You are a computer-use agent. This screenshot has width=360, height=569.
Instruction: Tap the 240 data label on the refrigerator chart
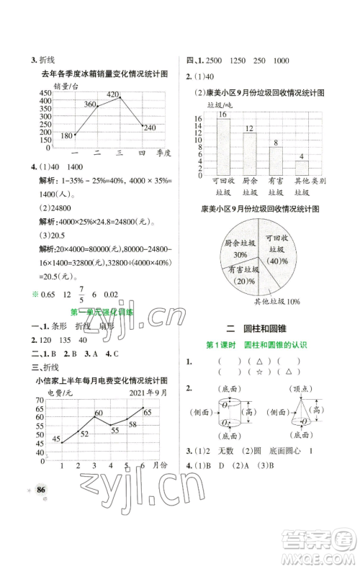pos(149,127)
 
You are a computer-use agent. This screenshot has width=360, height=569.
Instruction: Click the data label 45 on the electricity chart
pos(55,438)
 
